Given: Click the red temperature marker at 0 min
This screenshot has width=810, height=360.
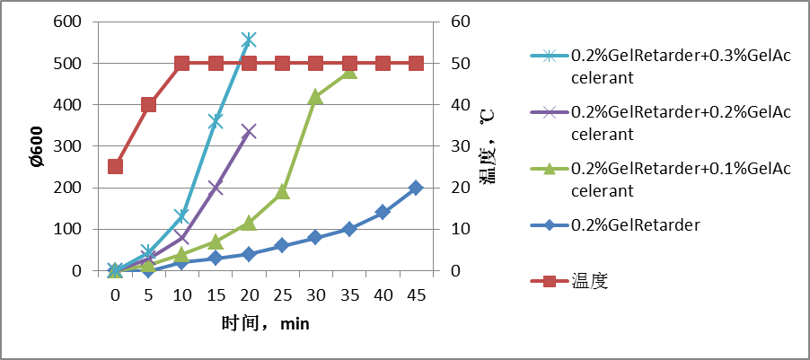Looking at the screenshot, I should coord(115,166).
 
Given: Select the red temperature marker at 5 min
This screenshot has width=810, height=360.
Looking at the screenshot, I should coord(148,104).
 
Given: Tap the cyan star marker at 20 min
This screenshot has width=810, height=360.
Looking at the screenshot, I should coord(249,40).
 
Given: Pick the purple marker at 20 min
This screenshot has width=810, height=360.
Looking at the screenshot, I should coord(249,131).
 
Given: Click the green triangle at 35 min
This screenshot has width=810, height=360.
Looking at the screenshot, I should coord(349,71).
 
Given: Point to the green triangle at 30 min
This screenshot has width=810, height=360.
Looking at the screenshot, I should coord(315,97).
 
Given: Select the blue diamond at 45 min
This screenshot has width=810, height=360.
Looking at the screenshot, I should coord(416,188).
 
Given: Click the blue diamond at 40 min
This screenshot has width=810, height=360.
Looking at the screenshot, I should coord(383,212).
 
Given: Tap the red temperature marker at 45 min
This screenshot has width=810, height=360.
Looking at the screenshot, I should coord(416,63).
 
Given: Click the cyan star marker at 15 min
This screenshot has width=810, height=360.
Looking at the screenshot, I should coord(216,121).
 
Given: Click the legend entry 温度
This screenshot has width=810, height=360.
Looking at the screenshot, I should coord(590,281).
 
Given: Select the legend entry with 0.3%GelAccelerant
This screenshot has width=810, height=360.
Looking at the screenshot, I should coord(680,66).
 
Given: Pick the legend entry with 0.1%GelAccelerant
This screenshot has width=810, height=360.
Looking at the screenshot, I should coord(680,179).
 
